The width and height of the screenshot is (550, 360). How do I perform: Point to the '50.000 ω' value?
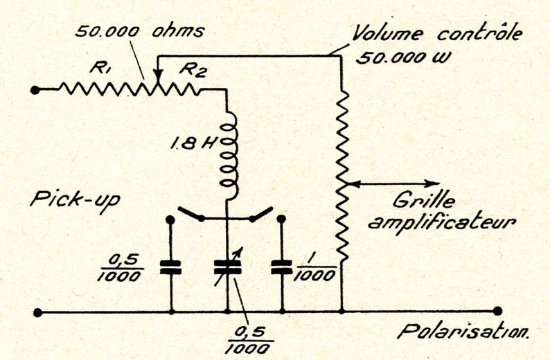click(403, 57)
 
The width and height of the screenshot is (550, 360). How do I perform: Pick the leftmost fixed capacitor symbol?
click(170, 267)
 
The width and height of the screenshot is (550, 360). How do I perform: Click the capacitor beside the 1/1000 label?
click(282, 267)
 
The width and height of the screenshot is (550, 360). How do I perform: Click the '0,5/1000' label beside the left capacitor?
click(125, 267)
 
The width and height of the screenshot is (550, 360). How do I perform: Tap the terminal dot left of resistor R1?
click(37, 89)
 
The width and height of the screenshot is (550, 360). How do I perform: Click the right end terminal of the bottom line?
click(497, 312)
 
